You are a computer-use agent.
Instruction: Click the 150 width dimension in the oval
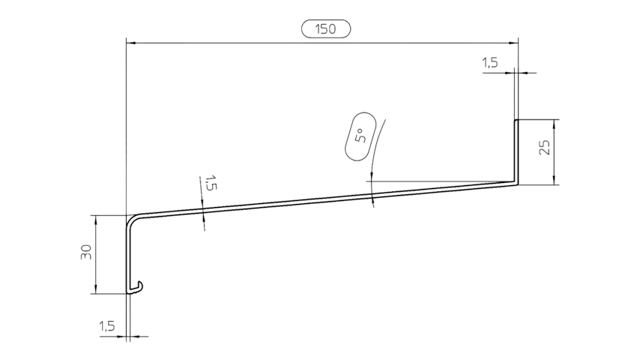click(x=326, y=29)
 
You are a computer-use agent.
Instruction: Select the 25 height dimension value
click(x=545, y=147)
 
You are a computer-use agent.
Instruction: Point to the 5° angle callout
click(x=359, y=136)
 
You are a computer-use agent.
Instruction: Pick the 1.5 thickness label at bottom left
click(x=106, y=326)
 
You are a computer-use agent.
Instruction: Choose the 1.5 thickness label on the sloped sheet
click(x=211, y=183)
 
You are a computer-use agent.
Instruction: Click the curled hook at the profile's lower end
click(x=138, y=286)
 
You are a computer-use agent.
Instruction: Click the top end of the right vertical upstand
click(x=516, y=120)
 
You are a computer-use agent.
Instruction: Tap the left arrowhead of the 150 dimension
click(x=130, y=43)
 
